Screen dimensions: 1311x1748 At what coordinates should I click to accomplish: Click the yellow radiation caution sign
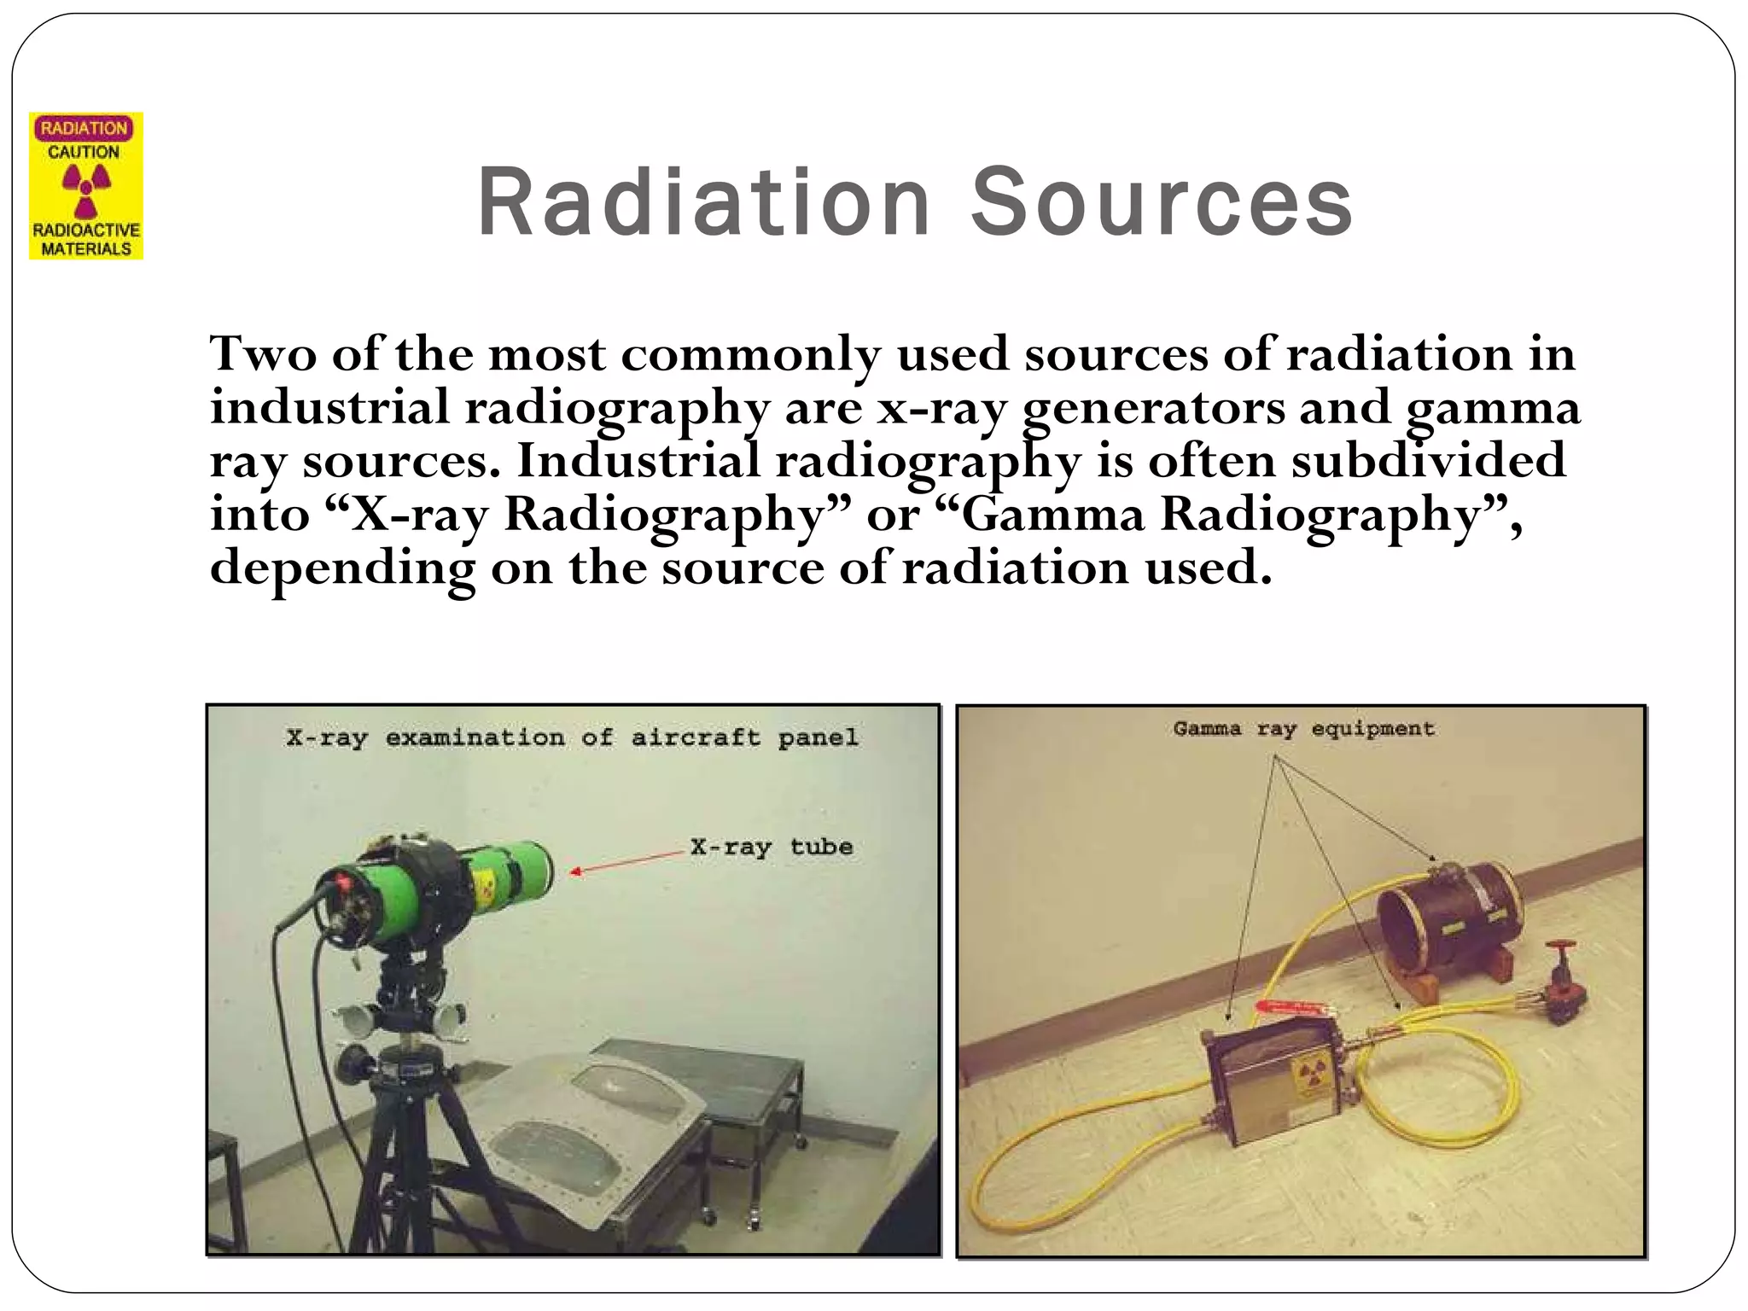(x=86, y=186)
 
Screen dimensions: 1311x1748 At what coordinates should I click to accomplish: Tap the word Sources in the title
(x=1162, y=202)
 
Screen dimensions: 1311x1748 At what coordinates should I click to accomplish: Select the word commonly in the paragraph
(x=750, y=353)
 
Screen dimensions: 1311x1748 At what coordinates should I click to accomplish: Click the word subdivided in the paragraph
(x=1428, y=461)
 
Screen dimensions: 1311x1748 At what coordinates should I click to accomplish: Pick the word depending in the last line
(x=342, y=568)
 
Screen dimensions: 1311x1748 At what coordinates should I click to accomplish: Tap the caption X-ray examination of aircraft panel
(x=572, y=737)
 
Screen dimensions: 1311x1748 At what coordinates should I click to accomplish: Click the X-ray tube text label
(x=772, y=847)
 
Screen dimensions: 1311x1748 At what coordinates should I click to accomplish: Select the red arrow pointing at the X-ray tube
(x=627, y=862)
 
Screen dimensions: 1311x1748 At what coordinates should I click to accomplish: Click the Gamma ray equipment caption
(x=1303, y=729)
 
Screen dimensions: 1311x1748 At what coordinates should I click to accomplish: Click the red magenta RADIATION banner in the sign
(x=84, y=129)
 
